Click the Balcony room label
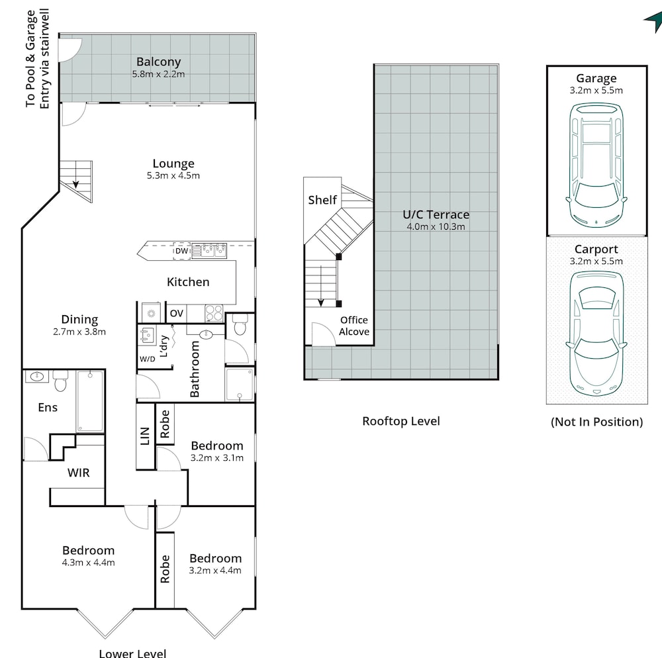pos(158,62)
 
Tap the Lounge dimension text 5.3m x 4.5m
pos(173,175)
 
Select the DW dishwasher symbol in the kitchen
pos(181,251)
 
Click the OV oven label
pos(177,313)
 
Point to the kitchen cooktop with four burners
pos(214,314)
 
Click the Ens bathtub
pos(90,401)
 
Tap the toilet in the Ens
pos(60,381)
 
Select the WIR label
pos(79,473)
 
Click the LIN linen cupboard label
pos(145,436)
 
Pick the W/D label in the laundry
pos(148,359)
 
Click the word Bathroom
pos(195,369)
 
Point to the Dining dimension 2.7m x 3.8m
pos(79,332)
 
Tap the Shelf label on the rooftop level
pos(322,200)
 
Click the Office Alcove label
pos(354,326)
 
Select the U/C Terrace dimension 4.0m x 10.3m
pos(436,226)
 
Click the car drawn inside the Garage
pos(596,165)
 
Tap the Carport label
pos(596,250)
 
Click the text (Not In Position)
pos(596,422)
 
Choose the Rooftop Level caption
pos(401,421)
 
